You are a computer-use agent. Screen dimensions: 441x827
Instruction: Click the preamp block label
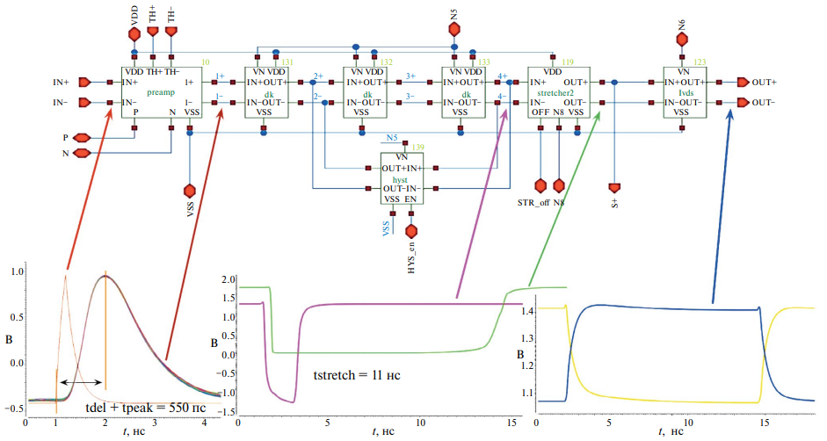[162, 91]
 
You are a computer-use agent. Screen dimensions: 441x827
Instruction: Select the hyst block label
[402, 178]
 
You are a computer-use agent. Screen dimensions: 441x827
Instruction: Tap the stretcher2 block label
[555, 91]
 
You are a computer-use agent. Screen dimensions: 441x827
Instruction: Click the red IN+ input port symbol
[85, 82]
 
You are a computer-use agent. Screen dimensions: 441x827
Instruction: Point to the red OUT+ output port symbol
[744, 82]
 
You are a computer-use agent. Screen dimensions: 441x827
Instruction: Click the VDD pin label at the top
[134, 13]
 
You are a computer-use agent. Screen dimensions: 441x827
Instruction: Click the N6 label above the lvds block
[682, 17]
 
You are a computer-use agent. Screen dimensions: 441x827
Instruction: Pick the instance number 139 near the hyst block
[418, 147]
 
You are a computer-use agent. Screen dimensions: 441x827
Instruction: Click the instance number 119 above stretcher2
[568, 62]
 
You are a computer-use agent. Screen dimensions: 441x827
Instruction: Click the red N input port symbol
[82, 154]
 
